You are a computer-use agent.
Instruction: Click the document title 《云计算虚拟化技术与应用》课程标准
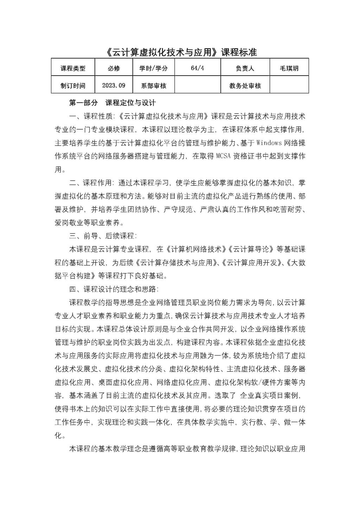tap(181, 52)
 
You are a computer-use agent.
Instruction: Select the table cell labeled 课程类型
tap(73, 68)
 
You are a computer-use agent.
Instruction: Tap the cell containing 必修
tap(114, 68)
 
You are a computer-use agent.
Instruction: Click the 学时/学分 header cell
tap(154, 68)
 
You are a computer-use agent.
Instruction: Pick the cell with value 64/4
tap(198, 68)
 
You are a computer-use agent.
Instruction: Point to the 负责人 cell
tap(245, 68)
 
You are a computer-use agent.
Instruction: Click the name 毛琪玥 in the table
tap(289, 68)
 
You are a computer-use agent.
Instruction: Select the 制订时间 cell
tap(73, 85)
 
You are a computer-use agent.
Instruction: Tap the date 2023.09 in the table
tap(114, 85)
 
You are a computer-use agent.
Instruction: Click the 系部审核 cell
tap(154, 85)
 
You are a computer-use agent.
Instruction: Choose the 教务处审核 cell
tap(245, 85)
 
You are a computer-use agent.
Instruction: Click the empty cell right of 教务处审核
tap(289, 85)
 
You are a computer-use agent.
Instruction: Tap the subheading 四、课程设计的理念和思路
tap(114, 289)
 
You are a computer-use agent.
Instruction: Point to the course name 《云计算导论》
tap(251, 249)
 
